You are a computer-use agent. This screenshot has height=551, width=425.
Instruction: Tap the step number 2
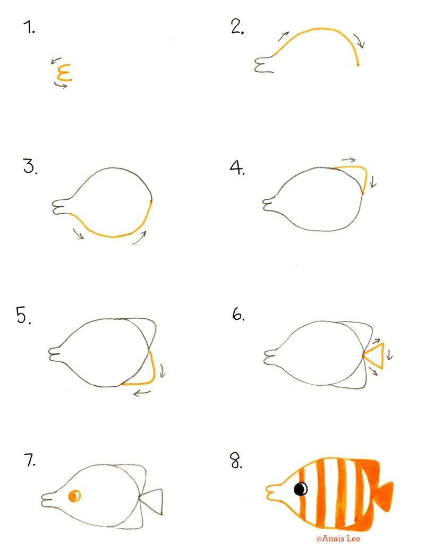click(237, 27)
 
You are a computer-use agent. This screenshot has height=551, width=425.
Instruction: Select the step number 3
click(30, 166)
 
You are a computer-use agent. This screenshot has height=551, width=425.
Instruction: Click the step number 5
click(23, 315)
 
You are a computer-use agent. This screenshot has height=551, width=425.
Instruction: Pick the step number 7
click(30, 460)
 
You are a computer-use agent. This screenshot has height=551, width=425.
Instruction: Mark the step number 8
click(236, 461)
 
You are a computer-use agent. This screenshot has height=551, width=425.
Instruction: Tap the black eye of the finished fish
click(301, 488)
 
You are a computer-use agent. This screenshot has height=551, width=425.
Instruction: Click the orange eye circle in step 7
click(74, 496)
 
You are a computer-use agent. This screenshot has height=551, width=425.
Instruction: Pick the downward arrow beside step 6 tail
click(389, 354)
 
